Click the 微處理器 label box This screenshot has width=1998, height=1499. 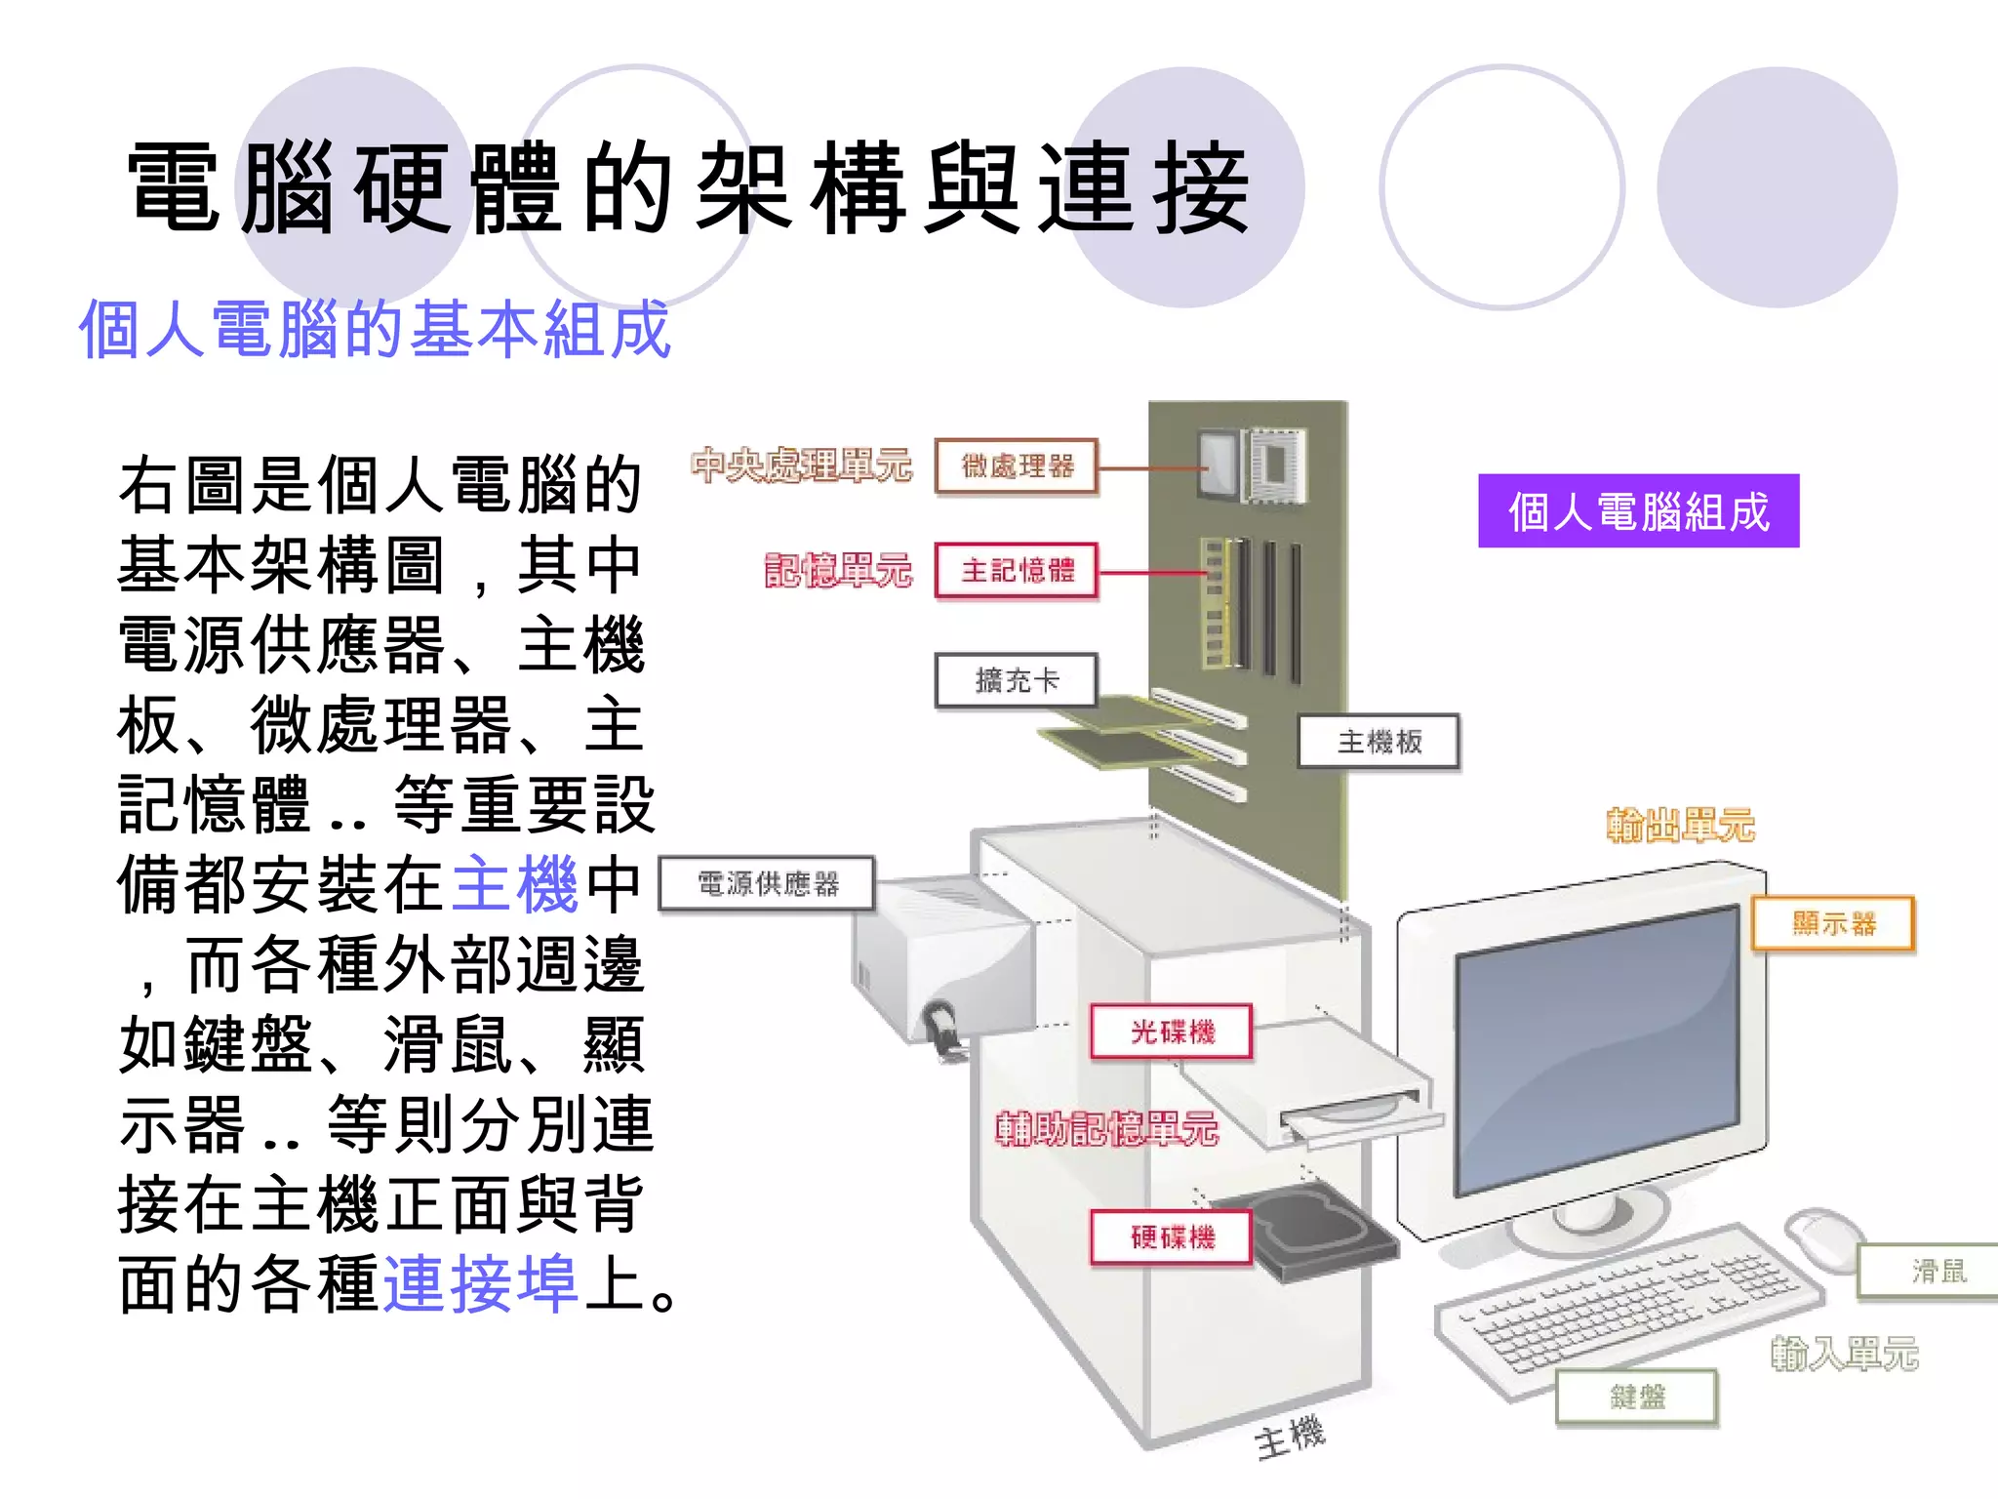tap(1016, 466)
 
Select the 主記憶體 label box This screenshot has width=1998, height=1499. tap(1016, 570)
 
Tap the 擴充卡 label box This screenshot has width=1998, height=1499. tap(1016, 680)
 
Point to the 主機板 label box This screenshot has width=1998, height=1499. tap(1379, 742)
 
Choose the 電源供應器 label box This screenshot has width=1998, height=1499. tap(767, 884)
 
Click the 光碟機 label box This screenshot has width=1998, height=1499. tap(1171, 1032)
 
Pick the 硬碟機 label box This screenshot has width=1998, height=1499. tap(1171, 1237)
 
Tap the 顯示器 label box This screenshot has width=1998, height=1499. tap(1833, 923)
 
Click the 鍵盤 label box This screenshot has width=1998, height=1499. tap(1636, 1397)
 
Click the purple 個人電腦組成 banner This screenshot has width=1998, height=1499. tap(1638, 511)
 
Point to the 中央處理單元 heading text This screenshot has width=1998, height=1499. tap(801, 466)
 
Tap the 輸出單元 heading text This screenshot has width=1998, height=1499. tap(1680, 826)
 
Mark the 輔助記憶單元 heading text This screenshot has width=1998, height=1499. tap(1106, 1129)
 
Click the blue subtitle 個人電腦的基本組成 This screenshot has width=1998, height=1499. tap(375, 330)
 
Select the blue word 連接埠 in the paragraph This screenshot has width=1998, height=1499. tap(481, 1283)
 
